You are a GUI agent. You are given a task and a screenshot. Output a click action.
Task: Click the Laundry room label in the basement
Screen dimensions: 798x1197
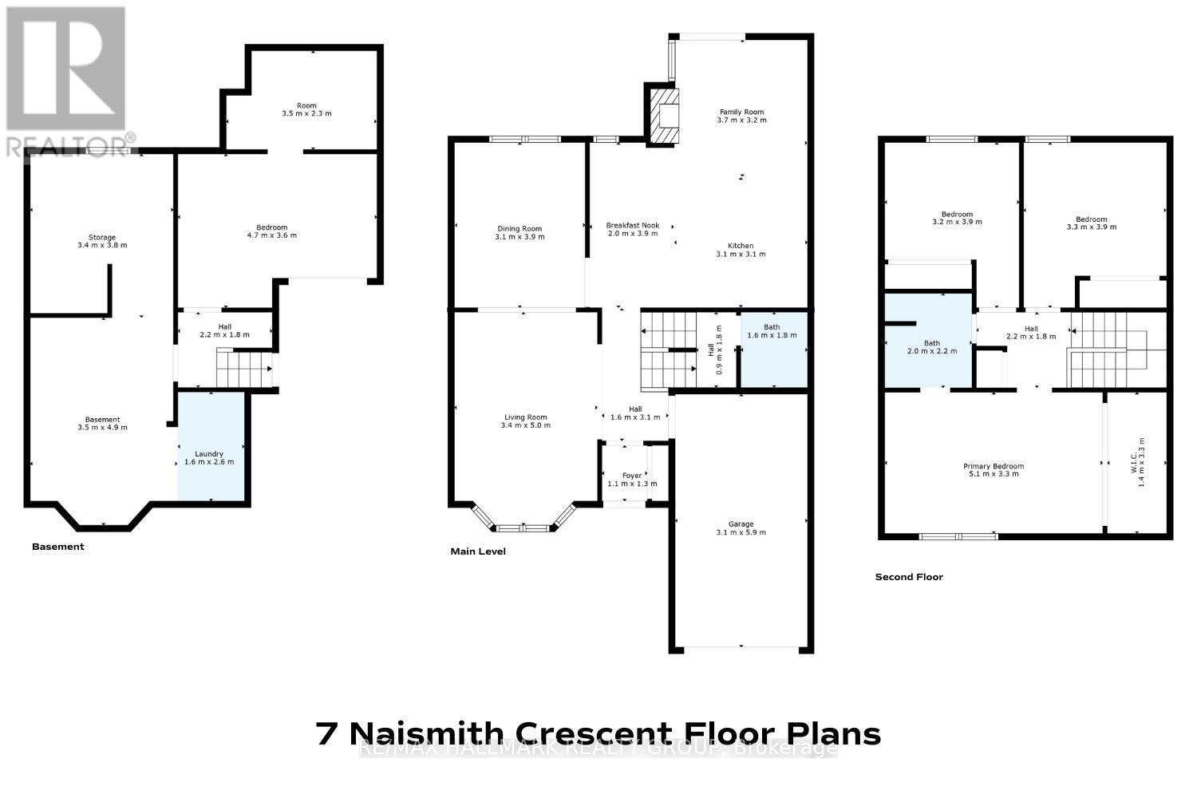[x=210, y=454]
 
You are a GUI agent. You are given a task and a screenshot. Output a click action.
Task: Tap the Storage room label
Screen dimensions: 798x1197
[x=102, y=237]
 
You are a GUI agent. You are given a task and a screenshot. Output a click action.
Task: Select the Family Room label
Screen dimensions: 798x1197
[x=741, y=113]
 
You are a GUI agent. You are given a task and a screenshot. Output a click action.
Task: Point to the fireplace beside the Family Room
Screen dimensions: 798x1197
[x=664, y=115]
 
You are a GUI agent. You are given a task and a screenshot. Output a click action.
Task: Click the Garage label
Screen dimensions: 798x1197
[x=741, y=524]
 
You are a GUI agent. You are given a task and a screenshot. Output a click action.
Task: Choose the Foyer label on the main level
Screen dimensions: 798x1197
[x=632, y=476]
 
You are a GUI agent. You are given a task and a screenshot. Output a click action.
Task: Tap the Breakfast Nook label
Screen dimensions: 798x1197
[x=633, y=225]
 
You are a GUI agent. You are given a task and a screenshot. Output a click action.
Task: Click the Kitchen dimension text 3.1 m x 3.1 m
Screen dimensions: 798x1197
[x=741, y=255]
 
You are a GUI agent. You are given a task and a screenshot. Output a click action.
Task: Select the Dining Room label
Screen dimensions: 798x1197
[x=519, y=229]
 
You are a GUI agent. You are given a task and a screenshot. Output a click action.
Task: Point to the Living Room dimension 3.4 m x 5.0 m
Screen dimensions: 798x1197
[x=525, y=425]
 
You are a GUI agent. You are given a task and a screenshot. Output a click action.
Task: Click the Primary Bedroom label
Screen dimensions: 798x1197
[x=993, y=467]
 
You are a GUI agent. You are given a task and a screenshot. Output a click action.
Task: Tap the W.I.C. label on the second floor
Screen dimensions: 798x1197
[x=1142, y=463]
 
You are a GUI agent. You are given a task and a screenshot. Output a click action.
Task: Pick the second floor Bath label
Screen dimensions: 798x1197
[x=931, y=343]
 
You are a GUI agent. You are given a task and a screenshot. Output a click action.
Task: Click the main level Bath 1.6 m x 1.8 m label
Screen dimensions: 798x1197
[x=772, y=327]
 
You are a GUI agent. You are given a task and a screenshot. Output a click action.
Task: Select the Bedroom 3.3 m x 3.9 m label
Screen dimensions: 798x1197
[x=1091, y=219]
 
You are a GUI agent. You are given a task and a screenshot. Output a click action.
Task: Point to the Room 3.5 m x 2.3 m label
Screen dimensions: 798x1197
[x=306, y=105]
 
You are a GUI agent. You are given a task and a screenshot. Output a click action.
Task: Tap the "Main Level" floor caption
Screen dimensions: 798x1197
[x=478, y=551]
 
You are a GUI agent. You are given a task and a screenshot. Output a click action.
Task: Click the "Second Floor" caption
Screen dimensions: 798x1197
[x=909, y=577]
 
